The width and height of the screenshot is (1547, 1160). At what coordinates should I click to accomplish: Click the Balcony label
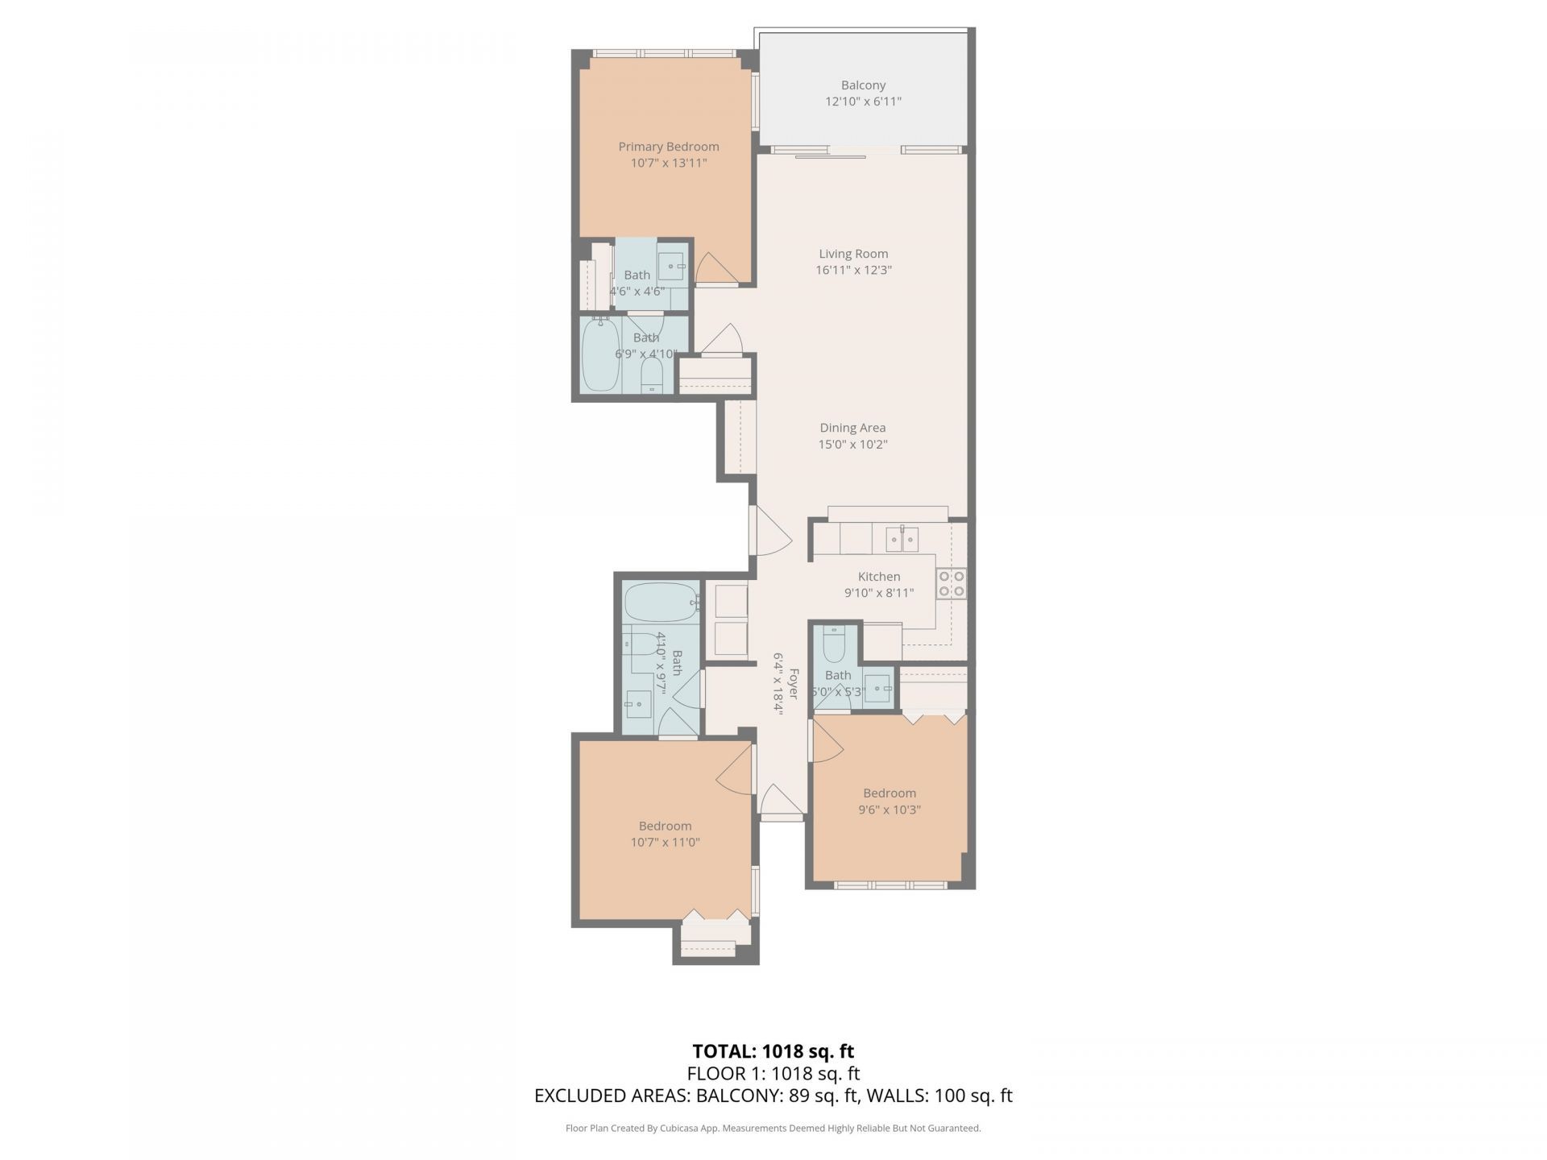click(x=863, y=85)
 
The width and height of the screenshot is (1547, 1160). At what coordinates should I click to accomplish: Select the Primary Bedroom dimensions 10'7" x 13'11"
click(x=668, y=163)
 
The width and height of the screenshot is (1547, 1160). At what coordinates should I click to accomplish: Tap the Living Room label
click(x=853, y=254)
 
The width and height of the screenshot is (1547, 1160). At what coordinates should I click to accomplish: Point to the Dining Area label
click(x=852, y=428)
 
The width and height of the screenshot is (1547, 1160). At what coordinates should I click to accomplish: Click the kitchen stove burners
click(x=952, y=583)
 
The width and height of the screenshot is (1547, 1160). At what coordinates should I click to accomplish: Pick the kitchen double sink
click(x=902, y=538)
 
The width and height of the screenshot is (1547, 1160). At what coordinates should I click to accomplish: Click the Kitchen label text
click(x=878, y=577)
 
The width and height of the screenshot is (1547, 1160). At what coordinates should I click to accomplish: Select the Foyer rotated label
click(x=793, y=683)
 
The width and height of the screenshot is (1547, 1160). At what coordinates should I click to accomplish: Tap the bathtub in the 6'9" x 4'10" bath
click(x=600, y=355)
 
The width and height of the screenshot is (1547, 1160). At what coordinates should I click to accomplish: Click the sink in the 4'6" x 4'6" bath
click(x=671, y=264)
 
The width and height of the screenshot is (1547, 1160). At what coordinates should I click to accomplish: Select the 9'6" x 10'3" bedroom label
click(x=890, y=793)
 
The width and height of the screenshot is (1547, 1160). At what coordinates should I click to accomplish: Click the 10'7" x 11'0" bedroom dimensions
click(x=665, y=843)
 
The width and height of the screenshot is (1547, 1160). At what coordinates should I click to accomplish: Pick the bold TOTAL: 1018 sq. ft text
click(x=773, y=1051)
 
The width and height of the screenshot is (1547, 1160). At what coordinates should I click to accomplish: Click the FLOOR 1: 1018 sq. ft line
click(x=773, y=1073)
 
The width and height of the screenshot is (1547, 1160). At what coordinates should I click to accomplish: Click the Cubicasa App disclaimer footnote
click(x=773, y=1129)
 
